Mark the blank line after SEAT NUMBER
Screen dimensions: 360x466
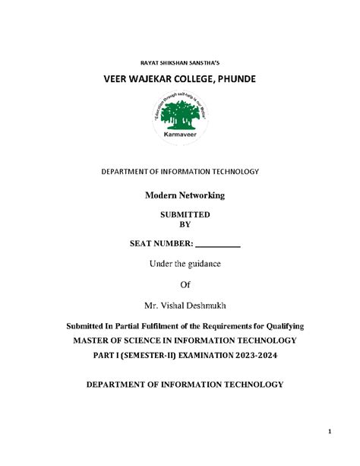tap(218, 246)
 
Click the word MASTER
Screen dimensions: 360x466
tap(93, 341)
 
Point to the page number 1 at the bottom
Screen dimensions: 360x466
tap(330, 433)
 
